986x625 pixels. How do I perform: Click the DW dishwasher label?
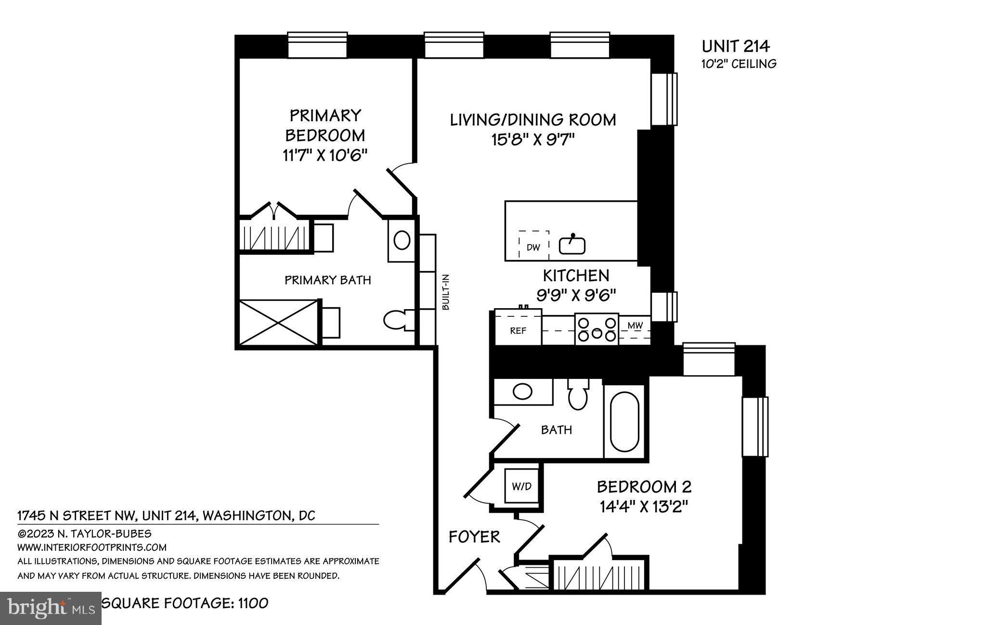533,247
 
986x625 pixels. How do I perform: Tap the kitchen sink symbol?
572,246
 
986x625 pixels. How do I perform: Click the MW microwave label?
635,326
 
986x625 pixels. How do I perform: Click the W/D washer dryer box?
521,486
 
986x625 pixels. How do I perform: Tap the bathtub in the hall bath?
624,422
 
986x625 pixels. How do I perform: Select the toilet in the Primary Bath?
399,320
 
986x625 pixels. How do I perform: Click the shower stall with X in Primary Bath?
279,322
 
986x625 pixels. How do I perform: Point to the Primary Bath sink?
402,240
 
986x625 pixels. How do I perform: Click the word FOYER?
474,536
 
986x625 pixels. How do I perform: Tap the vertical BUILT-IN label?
445,292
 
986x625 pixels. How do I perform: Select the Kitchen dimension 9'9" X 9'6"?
576,295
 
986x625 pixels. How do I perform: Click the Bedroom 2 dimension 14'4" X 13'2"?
644,507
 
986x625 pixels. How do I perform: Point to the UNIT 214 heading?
736,46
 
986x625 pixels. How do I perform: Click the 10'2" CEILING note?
739,64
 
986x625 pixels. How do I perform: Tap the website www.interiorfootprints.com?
92,547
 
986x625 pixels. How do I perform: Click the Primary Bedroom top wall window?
317,45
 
